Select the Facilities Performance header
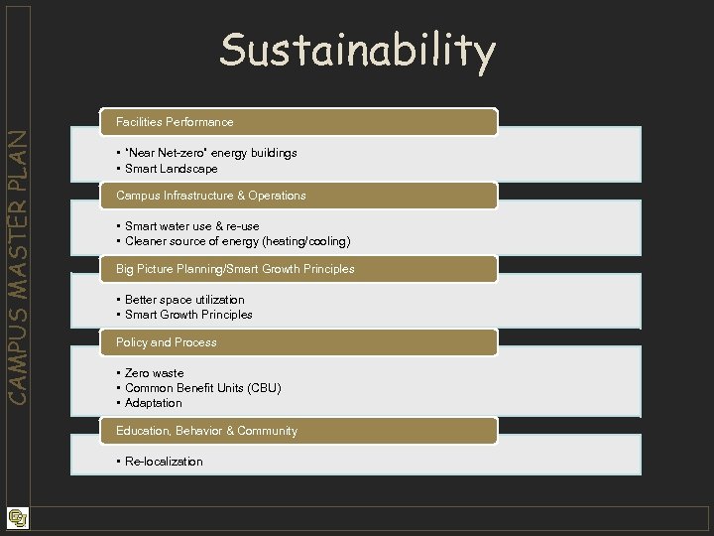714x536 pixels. (x=175, y=122)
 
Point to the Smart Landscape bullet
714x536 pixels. (x=171, y=169)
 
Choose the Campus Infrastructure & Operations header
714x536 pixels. (x=210, y=196)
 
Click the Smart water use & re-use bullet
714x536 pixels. (x=191, y=226)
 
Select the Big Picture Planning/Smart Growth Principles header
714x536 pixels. (x=235, y=269)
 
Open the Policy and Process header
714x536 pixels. (x=167, y=342)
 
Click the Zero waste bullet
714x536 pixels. (x=154, y=373)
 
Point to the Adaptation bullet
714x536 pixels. (x=153, y=403)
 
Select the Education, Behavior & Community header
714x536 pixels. (x=206, y=431)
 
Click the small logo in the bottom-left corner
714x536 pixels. (x=17, y=517)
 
